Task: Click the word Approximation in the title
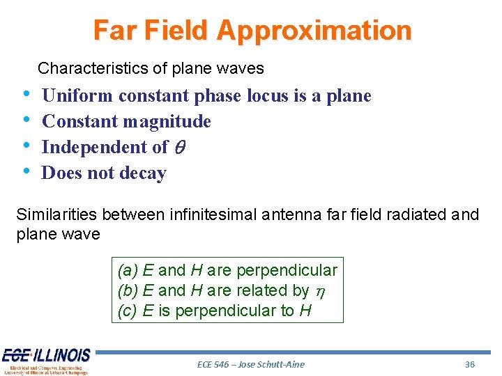[314, 31]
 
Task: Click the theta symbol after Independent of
[180, 148]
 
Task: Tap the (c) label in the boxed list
[128, 311]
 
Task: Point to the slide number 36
[470, 364]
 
